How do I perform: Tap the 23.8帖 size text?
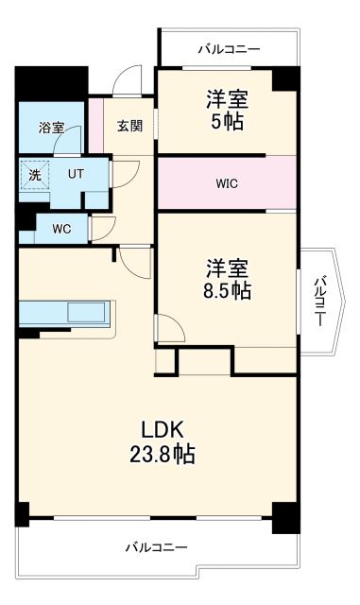coord(163,455)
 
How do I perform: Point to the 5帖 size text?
coord(228,121)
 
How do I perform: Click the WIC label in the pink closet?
coord(228,183)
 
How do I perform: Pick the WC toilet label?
coord(60,228)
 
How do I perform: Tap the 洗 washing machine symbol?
coord(33,175)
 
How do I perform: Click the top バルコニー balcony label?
coord(228,48)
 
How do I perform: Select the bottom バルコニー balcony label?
coord(155,547)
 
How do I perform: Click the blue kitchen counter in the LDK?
coord(64,312)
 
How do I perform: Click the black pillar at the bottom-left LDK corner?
coord(22,514)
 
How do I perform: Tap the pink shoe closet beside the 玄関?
coord(94,126)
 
